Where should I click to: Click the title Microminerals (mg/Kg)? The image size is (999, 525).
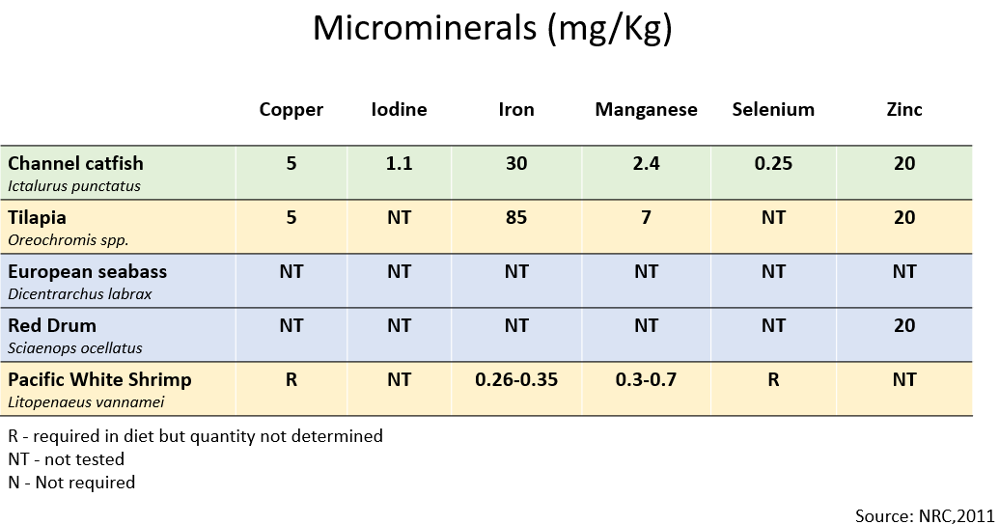coord(492,29)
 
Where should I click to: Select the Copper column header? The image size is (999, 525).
coord(291,109)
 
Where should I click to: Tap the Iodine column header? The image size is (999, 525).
coord(399,109)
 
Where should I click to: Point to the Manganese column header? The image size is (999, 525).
coord(646,109)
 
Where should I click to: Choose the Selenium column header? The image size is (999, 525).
coord(773,109)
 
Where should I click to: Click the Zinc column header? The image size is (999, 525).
coord(904,109)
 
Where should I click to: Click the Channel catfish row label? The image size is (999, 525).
coord(75,163)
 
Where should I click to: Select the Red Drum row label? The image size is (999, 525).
coord(52,325)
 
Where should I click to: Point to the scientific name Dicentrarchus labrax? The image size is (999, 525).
coord(79,293)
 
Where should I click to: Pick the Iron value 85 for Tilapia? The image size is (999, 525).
coord(516,217)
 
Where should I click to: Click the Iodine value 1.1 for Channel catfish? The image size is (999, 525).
coord(399,163)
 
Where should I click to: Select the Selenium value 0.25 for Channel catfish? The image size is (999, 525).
coord(773,163)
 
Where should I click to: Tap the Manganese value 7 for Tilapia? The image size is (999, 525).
coord(646,217)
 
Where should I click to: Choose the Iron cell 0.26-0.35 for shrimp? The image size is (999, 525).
coord(516,379)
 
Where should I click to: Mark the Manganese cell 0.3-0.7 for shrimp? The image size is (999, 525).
coord(646,379)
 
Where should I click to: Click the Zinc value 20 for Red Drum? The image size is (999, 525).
coord(904,325)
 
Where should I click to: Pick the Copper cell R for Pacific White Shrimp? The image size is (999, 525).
coord(291,379)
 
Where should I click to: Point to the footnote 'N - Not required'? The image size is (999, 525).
coord(71,482)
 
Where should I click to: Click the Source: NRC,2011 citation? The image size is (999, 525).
coord(924,515)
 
